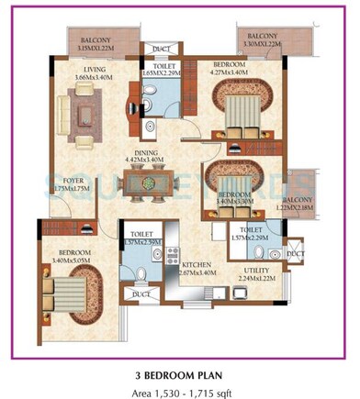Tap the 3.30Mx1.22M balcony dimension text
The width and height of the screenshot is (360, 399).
(x=265, y=44)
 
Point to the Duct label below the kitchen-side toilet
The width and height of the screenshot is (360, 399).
(x=141, y=294)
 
